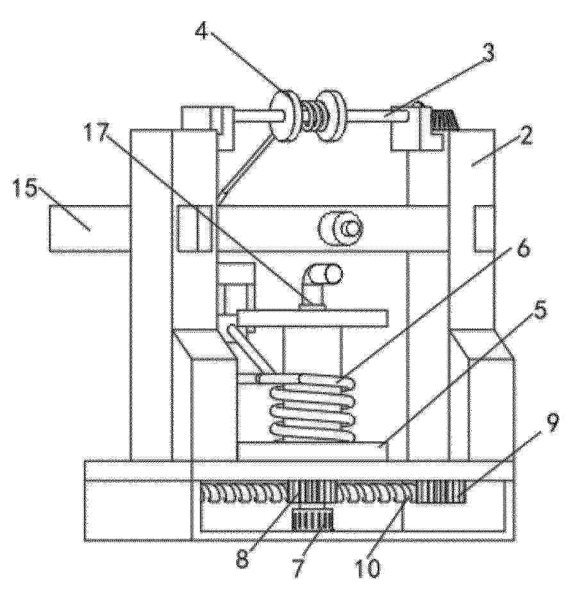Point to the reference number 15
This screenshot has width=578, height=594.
click(x=25, y=188)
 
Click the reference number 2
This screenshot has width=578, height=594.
click(x=524, y=136)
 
